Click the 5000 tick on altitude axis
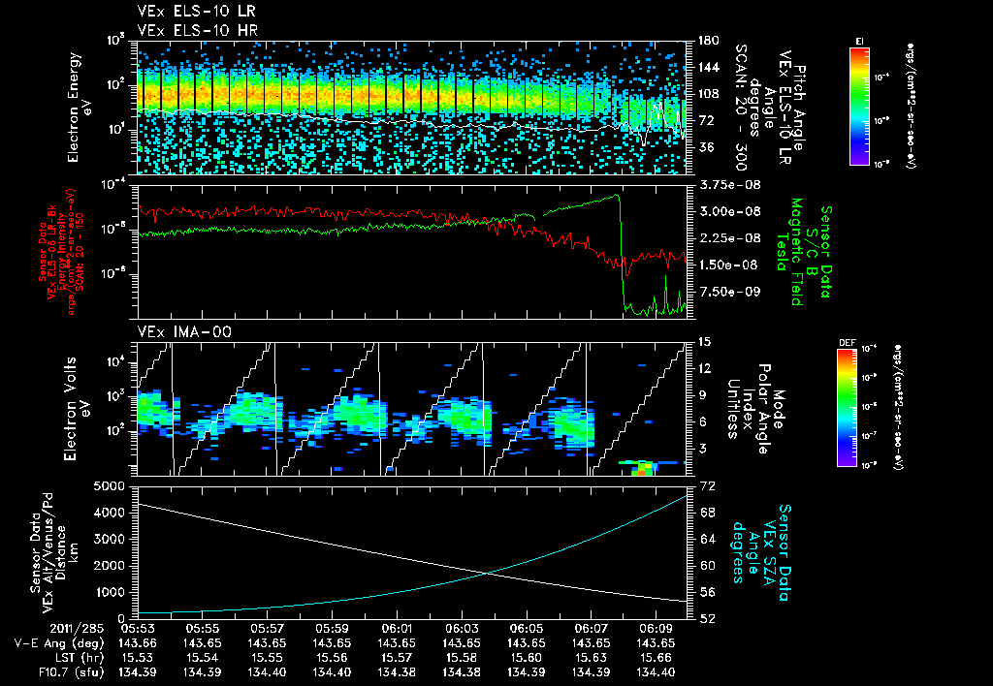tap(114, 485)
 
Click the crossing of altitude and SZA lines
tap(486, 573)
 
